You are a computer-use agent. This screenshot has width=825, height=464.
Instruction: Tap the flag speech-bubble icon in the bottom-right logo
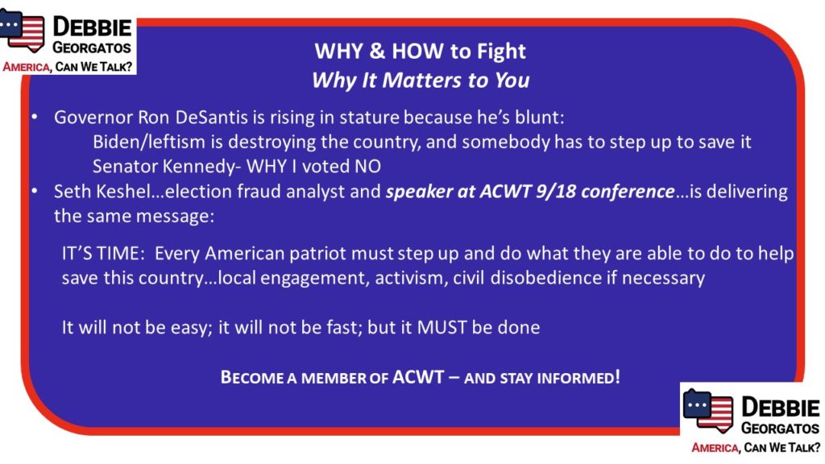point(708,411)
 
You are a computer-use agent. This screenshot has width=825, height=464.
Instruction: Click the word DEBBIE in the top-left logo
point(92,27)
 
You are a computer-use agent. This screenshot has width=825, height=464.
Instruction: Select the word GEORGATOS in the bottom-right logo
point(780,429)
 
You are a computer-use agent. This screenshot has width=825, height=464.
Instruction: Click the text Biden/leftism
point(149,142)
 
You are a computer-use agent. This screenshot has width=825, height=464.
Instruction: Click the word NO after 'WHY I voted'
point(367,166)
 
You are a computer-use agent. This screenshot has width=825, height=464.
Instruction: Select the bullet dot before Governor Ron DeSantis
point(34,116)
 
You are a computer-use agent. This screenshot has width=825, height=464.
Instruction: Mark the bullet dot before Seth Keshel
point(34,190)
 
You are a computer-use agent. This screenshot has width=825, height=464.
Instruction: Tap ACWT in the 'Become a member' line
point(418,377)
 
